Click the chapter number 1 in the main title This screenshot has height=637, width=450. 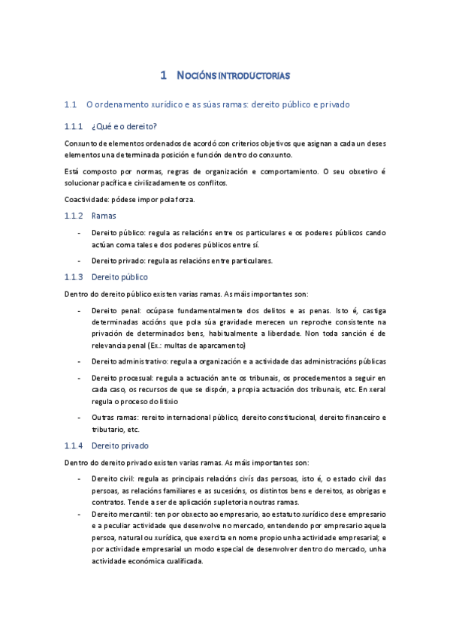164,75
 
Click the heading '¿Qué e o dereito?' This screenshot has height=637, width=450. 124,125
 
